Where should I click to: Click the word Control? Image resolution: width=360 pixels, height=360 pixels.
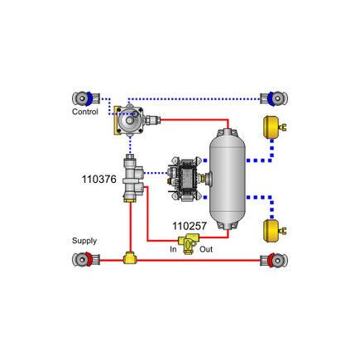85,111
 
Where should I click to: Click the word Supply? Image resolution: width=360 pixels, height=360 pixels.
84,241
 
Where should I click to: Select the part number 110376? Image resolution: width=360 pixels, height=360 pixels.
99,179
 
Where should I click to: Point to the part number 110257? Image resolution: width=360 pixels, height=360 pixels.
190,226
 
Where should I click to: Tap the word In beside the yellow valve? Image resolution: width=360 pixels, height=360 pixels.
174,249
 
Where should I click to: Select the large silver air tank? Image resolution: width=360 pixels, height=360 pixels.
228,177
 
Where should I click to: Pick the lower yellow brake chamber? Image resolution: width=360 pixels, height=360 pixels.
272,228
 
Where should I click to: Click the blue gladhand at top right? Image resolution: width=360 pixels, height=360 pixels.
275,98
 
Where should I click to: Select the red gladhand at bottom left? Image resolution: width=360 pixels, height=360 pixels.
85,260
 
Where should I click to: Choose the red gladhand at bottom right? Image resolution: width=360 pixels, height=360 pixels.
275,260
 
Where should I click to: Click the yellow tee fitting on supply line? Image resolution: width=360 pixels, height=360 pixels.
130,259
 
